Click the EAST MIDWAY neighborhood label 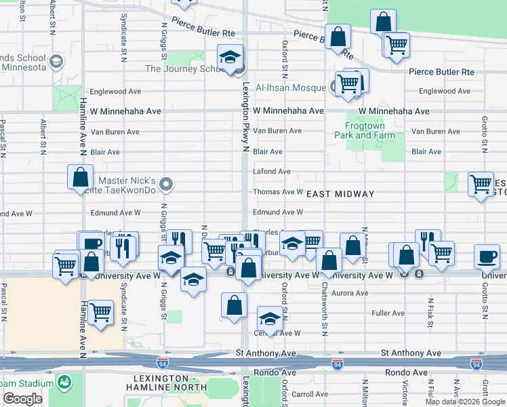click(x=340, y=194)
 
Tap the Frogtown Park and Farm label click(x=365, y=130)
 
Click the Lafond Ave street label click(x=271, y=172)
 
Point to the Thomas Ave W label click(x=277, y=192)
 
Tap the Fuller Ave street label click(x=388, y=313)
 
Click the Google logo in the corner click(x=22, y=399)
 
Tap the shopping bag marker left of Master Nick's click(x=80, y=178)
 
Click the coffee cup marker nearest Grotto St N click(x=487, y=256)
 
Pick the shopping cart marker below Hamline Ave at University click(x=100, y=312)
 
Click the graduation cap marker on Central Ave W click(x=270, y=319)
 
